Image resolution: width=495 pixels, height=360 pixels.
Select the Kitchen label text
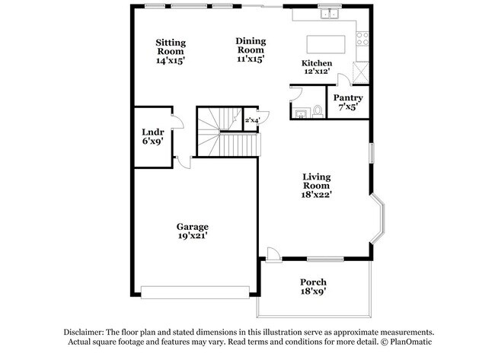tap(316, 63)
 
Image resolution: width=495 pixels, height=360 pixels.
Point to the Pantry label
tap(347, 98)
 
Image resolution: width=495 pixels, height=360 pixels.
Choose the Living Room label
tap(316, 181)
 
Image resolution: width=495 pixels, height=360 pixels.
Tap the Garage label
tap(193, 227)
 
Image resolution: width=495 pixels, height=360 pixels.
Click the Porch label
tap(314, 282)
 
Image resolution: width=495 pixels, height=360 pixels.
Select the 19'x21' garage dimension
tap(193, 236)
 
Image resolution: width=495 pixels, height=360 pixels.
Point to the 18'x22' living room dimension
tap(316, 195)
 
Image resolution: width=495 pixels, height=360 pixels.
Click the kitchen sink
tap(331, 13)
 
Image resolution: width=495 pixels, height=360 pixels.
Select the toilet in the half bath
tap(318, 111)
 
